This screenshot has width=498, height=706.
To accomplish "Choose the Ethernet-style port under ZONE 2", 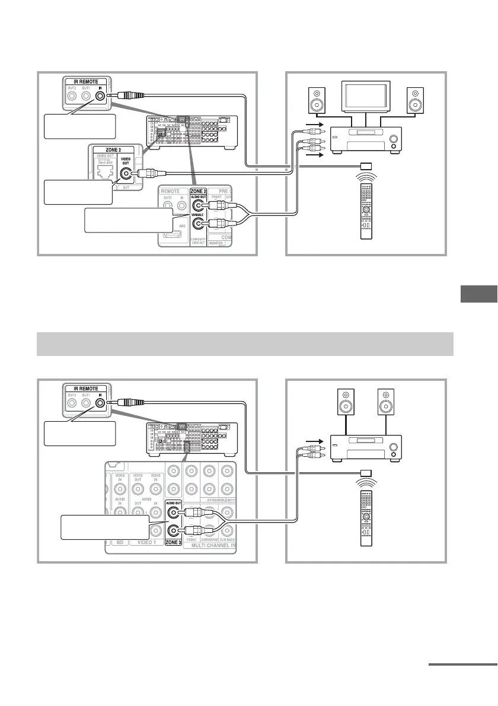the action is click(106, 171).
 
